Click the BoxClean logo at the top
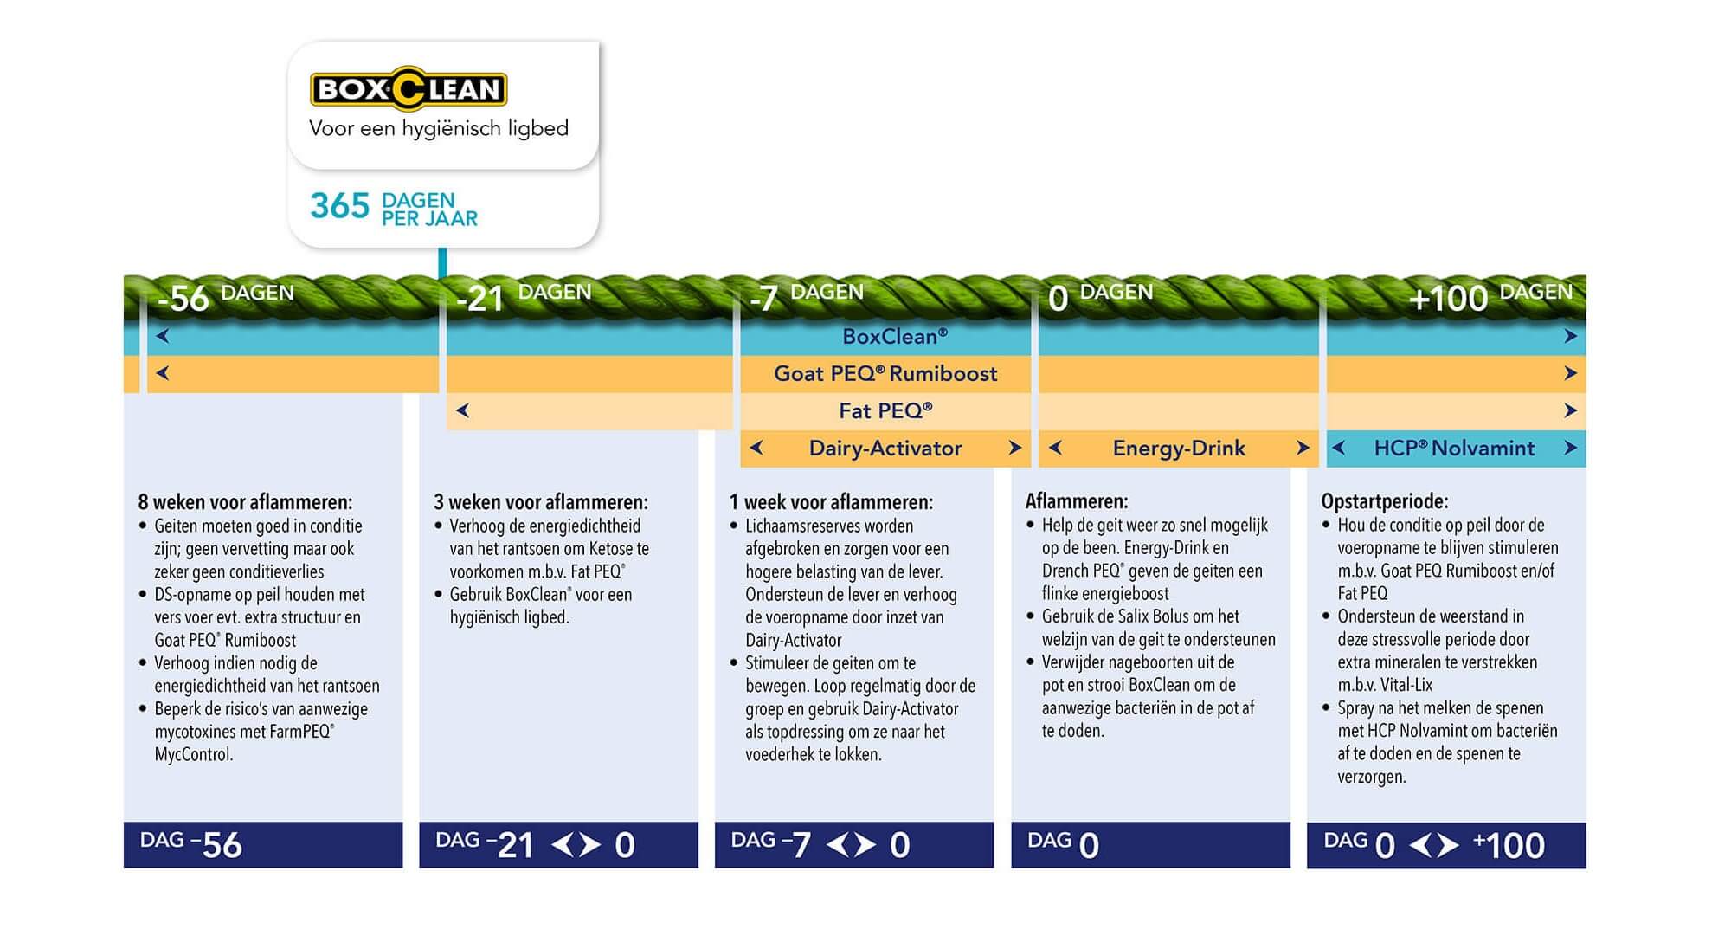click(x=409, y=88)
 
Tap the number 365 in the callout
click(x=339, y=206)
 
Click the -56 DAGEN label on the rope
click(x=226, y=297)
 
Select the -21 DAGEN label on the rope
click(x=523, y=297)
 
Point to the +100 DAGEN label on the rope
click(x=1490, y=297)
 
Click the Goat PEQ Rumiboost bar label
click(x=885, y=373)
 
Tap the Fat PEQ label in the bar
click(x=885, y=410)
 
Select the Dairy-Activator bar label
click(x=885, y=448)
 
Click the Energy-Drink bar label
click(x=1179, y=448)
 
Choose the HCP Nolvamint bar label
click(x=1454, y=448)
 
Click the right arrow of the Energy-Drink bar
click(x=1303, y=448)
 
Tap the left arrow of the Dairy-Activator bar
click(x=756, y=448)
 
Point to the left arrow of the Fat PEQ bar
click(x=462, y=410)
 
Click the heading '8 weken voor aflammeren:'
click(x=245, y=502)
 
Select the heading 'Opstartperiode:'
click(x=1385, y=501)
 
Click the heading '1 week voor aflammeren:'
click(x=831, y=502)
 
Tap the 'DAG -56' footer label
click(x=190, y=844)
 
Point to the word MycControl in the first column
click(x=194, y=754)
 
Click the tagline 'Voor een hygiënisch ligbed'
click(x=439, y=129)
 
